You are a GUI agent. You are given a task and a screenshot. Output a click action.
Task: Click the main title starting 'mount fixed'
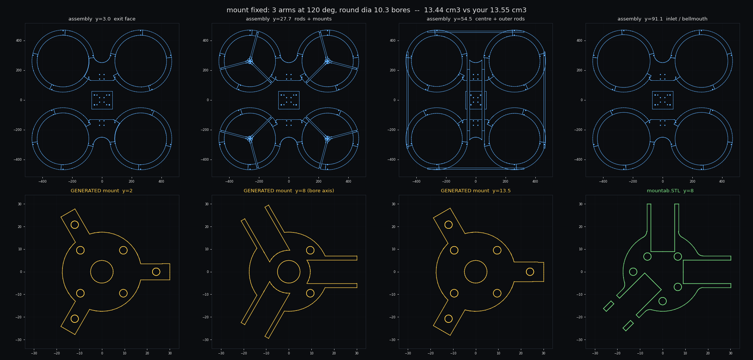tap(376, 10)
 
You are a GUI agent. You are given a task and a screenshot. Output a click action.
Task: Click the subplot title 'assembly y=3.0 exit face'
tap(102, 19)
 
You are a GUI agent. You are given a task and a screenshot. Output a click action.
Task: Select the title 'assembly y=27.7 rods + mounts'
tap(289, 19)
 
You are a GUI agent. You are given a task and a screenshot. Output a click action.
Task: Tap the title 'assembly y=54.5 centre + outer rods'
tap(475, 19)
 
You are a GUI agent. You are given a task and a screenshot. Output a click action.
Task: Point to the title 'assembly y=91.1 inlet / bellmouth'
tap(663, 19)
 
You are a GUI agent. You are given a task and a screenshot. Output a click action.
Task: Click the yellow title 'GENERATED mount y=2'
tap(102, 191)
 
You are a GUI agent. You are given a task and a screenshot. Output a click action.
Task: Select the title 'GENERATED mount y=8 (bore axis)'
tap(289, 191)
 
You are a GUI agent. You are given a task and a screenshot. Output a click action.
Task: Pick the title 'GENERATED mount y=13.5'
tap(475, 191)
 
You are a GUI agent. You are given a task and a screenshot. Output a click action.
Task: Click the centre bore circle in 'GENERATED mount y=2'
tap(102, 260)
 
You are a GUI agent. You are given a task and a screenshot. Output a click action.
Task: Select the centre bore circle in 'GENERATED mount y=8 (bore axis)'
tap(289, 260)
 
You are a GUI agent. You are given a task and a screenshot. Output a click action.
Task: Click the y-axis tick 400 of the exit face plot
tap(19, 41)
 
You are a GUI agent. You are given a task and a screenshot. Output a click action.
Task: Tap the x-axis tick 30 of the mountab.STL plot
tap(730, 353)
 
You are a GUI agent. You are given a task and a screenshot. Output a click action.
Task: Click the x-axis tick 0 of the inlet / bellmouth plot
tap(663, 181)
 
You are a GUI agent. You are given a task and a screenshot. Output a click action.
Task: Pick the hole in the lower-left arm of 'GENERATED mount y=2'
tap(75, 319)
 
